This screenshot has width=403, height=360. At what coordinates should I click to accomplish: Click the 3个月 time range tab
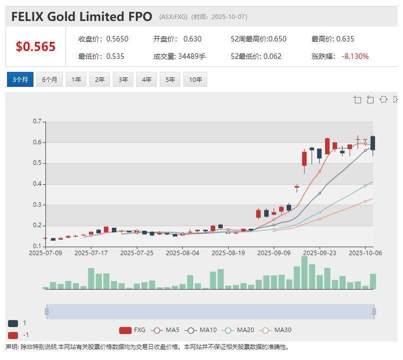pos(20,80)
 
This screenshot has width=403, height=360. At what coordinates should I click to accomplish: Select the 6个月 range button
pos(49,80)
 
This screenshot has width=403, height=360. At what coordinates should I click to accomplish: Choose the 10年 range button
pos(195,80)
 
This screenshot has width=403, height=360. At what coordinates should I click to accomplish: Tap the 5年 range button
pos(170,80)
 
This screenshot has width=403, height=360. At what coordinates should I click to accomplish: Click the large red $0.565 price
pos(35,46)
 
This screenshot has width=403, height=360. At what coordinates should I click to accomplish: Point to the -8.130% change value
pos(355,56)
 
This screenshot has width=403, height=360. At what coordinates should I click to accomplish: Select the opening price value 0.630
pos(192,39)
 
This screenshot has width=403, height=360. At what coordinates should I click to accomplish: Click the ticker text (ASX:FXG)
pos(173,17)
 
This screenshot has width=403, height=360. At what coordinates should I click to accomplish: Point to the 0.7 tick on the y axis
pos(37,121)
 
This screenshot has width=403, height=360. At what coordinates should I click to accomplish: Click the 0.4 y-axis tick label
pos(37,184)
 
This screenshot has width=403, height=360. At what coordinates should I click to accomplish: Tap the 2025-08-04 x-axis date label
pos(182,253)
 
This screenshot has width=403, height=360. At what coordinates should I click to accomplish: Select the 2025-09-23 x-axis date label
pos(320,253)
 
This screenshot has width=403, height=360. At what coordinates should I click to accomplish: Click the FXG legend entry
pos(132,330)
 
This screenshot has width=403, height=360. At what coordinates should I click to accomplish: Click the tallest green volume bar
pos(305,273)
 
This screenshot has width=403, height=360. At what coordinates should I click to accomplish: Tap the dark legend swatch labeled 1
pos(13,323)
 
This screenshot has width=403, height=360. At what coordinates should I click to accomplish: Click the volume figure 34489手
pos(192,56)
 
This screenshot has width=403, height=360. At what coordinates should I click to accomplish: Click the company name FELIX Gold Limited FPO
pos(81,16)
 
